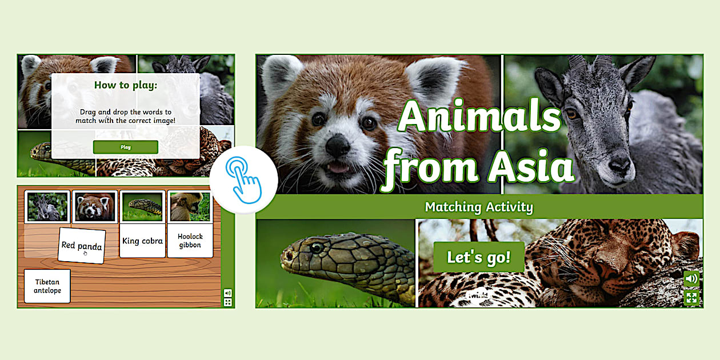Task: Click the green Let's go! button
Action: coord(478,257)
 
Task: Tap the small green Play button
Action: coord(126,147)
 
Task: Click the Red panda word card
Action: coord(82,246)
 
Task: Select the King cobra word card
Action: coord(142,241)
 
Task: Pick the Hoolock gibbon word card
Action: coord(190,241)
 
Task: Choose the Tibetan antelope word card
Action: coord(47,286)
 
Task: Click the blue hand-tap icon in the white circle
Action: coord(243,179)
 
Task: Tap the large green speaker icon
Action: coord(691,279)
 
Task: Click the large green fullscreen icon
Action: coord(691,297)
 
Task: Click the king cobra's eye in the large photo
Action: coord(317,248)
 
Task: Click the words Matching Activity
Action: coord(478,207)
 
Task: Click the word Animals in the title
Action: coord(479,118)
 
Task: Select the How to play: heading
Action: coord(126,86)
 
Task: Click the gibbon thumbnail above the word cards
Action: coord(190,206)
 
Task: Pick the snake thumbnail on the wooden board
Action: coord(142,206)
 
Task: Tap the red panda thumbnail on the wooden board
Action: coord(94,206)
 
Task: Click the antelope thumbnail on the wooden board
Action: coord(47,206)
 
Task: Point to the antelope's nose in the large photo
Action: coord(619,166)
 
